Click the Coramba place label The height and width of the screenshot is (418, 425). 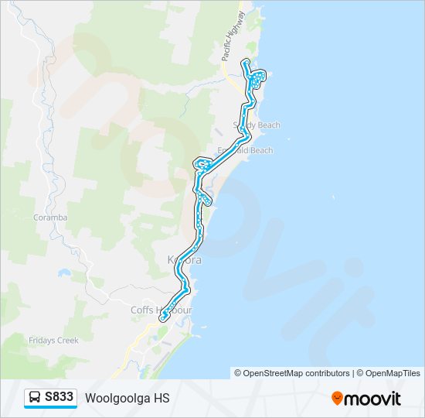tap(50, 218)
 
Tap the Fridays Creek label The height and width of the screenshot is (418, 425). tap(54, 340)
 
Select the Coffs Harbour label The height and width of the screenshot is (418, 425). tap(161, 310)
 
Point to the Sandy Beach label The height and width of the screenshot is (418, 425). tap(257, 125)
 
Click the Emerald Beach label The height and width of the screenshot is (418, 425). tap(246, 150)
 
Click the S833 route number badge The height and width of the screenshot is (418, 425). tap(59, 398)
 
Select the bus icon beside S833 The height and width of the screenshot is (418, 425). tap(35, 398)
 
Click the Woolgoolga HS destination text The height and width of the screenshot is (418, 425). tap(127, 398)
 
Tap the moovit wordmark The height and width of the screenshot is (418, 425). tap(373, 399)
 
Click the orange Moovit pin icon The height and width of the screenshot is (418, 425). tap(337, 399)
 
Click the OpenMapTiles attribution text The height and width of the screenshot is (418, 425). tap(390, 373)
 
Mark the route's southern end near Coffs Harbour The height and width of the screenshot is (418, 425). tap(163, 317)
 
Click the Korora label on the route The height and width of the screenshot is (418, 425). tap(185, 260)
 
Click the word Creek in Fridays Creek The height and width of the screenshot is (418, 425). tap(66, 340)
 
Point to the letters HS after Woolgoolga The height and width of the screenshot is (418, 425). tap(161, 398)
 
